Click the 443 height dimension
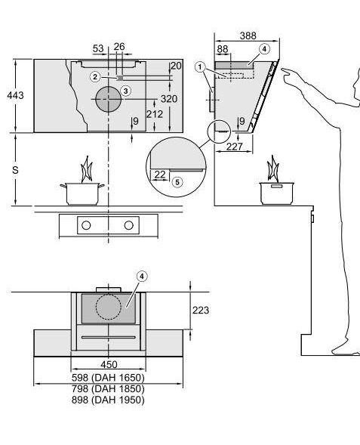pyautogui.click(x=15, y=95)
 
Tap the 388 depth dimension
pyautogui.click(x=248, y=36)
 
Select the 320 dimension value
pyautogui.click(x=169, y=99)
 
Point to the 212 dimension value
pyautogui.click(x=155, y=114)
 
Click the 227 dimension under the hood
pyautogui.click(x=235, y=147)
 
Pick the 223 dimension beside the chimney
pyautogui.click(x=201, y=311)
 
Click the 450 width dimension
pyautogui.click(x=109, y=364)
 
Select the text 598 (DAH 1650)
pyautogui.click(x=108, y=378)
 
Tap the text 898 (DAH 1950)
pyautogui.click(x=108, y=400)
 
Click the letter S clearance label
pyautogui.click(x=15, y=170)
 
